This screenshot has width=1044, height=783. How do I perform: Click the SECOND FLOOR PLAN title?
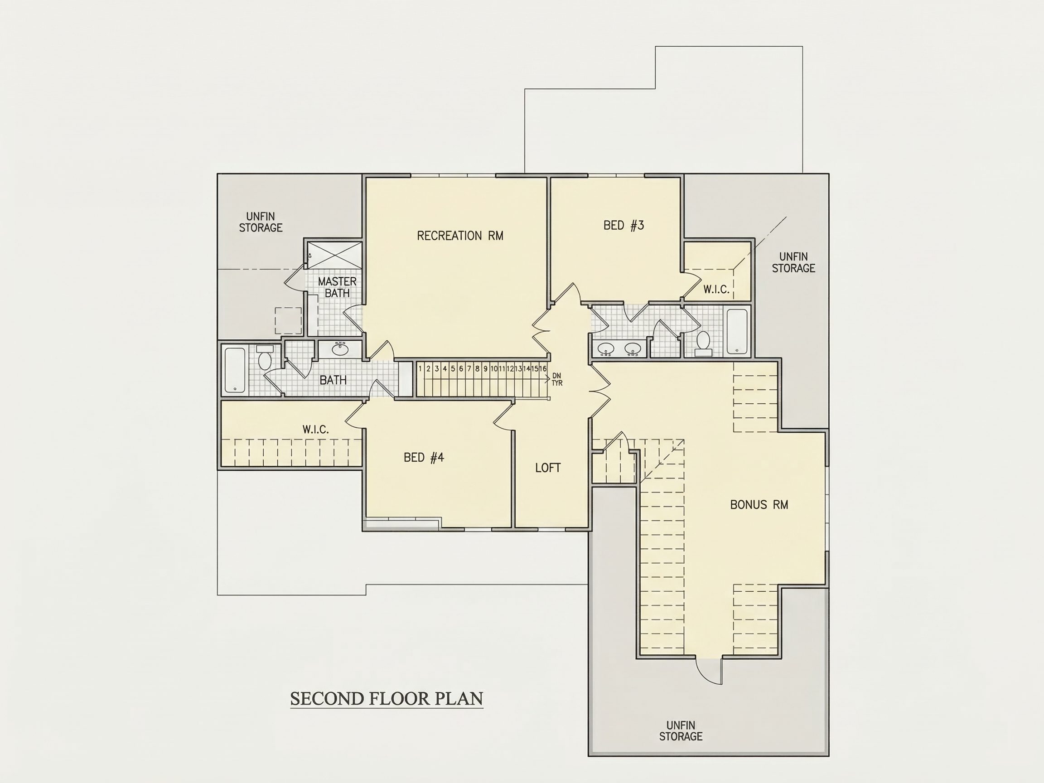[x=387, y=699]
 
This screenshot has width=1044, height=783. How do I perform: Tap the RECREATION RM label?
[x=460, y=236]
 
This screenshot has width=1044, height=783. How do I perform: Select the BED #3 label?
[x=623, y=225]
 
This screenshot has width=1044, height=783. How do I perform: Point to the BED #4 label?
[x=424, y=457]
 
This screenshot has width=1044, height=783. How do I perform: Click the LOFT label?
[x=548, y=468]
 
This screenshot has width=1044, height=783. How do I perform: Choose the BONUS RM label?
[x=759, y=504]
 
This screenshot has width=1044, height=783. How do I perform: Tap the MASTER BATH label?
[x=337, y=287]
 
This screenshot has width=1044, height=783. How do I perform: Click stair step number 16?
[x=543, y=368]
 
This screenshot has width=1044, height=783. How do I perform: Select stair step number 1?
[x=420, y=368]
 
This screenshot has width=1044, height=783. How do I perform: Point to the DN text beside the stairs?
[x=557, y=376]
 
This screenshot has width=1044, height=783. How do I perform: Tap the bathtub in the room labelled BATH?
[x=235, y=371]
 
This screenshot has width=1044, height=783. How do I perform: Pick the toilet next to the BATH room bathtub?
[x=264, y=358]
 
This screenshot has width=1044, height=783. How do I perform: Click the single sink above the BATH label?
[x=340, y=349]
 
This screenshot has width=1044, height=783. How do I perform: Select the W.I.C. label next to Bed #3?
[x=716, y=289]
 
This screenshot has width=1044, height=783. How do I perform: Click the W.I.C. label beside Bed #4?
[x=315, y=429]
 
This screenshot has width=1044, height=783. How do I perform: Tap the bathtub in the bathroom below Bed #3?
[x=737, y=331]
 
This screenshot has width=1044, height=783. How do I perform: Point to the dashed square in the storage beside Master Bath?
[x=288, y=321]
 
